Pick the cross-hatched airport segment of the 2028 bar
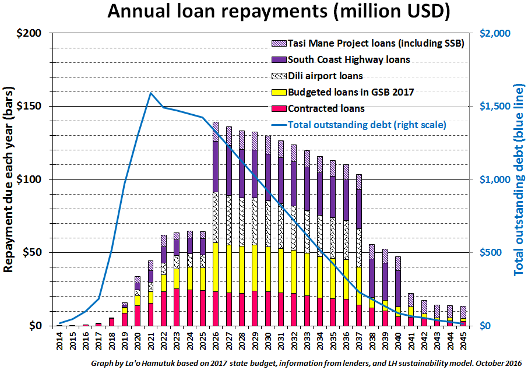pyautogui.click(x=242, y=221)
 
